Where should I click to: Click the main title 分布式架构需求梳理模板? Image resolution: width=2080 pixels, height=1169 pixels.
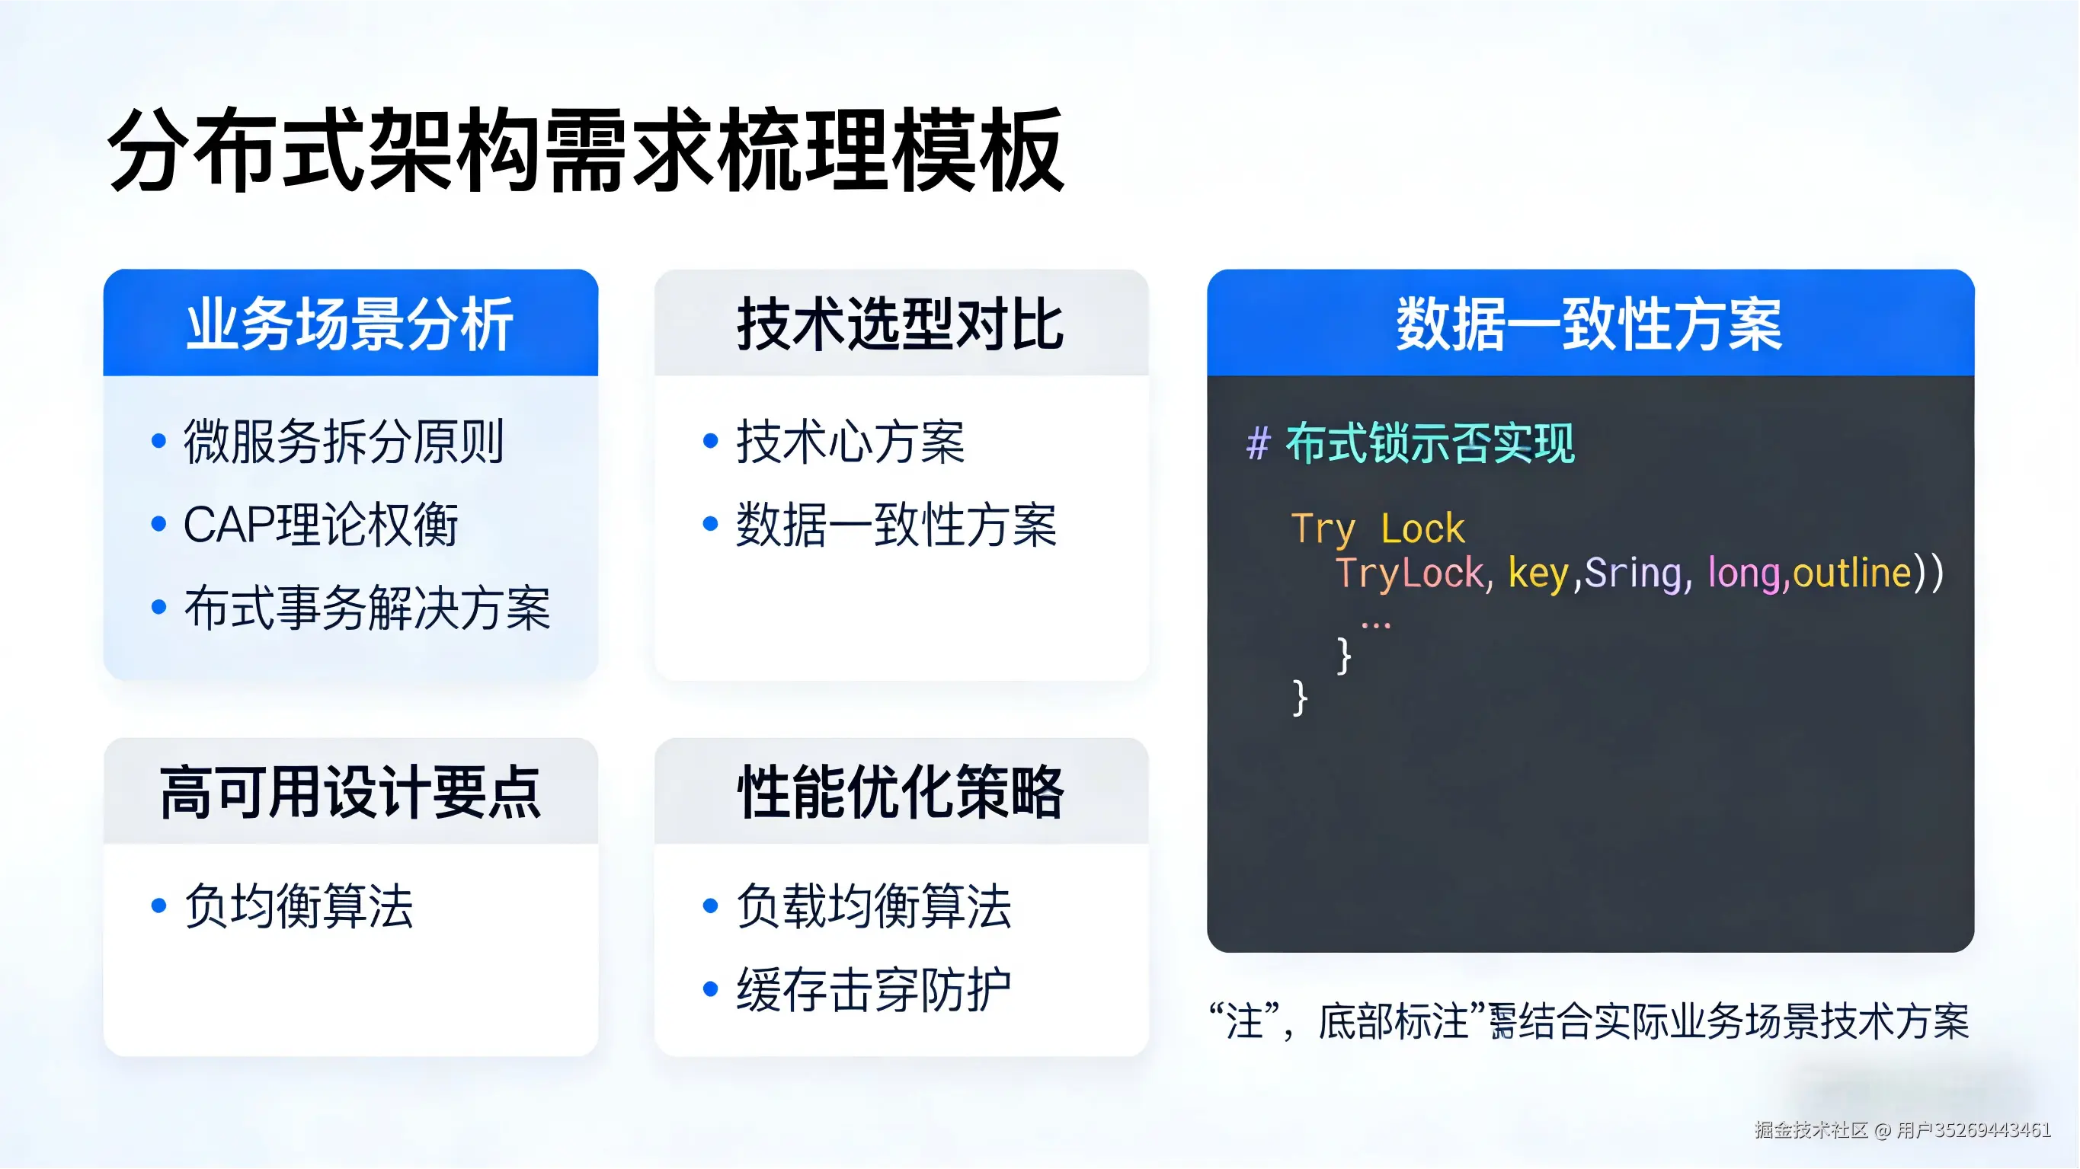[585, 151]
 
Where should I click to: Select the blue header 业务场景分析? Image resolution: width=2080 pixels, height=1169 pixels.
[350, 324]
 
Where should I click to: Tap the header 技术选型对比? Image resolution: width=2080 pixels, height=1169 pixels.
[901, 324]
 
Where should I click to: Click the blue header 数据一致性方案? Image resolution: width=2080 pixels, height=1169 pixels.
[1589, 324]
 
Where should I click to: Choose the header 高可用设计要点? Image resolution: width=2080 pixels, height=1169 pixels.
[350, 792]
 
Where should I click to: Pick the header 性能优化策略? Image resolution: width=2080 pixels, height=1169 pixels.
[901, 792]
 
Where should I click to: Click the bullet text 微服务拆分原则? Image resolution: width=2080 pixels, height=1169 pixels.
[343, 442]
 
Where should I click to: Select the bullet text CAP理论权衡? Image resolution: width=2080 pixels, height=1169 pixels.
[321, 525]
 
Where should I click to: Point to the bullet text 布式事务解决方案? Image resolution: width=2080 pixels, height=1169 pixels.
[366, 608]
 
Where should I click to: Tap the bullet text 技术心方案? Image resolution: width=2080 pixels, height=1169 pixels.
[850, 442]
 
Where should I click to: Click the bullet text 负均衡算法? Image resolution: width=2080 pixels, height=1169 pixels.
[299, 905]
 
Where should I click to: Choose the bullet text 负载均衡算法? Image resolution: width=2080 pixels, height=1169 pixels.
[874, 905]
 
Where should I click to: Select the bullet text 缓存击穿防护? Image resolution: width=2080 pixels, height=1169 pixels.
[874, 989]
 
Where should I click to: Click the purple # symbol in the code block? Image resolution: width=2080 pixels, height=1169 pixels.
[1258, 443]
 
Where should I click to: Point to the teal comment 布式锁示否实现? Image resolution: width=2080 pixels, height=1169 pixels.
[1430, 443]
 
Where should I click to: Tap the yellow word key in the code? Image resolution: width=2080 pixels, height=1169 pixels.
[1538, 573]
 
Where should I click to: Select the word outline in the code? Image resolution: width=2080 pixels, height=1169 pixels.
[1851, 573]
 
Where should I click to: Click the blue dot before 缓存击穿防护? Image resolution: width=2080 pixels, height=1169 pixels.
[711, 989]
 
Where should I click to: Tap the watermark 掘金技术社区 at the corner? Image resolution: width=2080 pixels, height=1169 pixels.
[1810, 1129]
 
